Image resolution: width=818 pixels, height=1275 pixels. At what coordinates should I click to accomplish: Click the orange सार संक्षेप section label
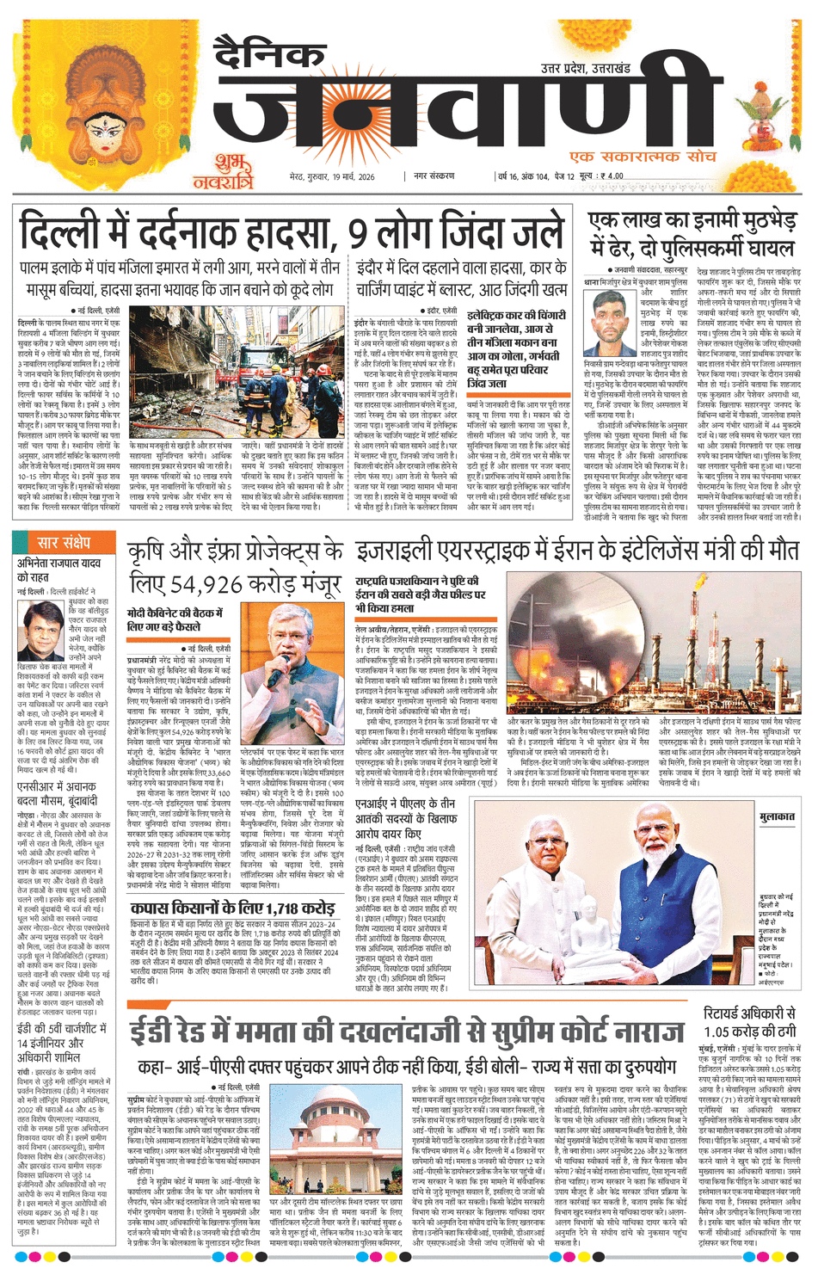pos(65,543)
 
